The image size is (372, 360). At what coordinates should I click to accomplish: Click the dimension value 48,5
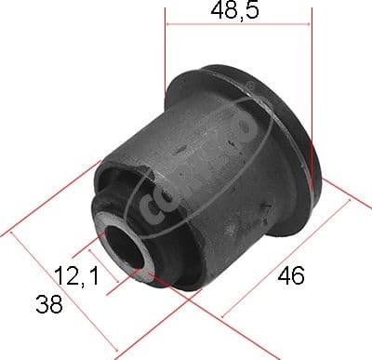coord(237,12)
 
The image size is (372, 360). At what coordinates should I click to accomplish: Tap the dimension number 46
coord(291,275)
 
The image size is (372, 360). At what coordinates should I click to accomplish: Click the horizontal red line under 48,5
coord(237,28)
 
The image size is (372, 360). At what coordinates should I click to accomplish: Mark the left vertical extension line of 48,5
coord(166,56)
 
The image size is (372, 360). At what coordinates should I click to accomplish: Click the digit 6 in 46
coord(299,275)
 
